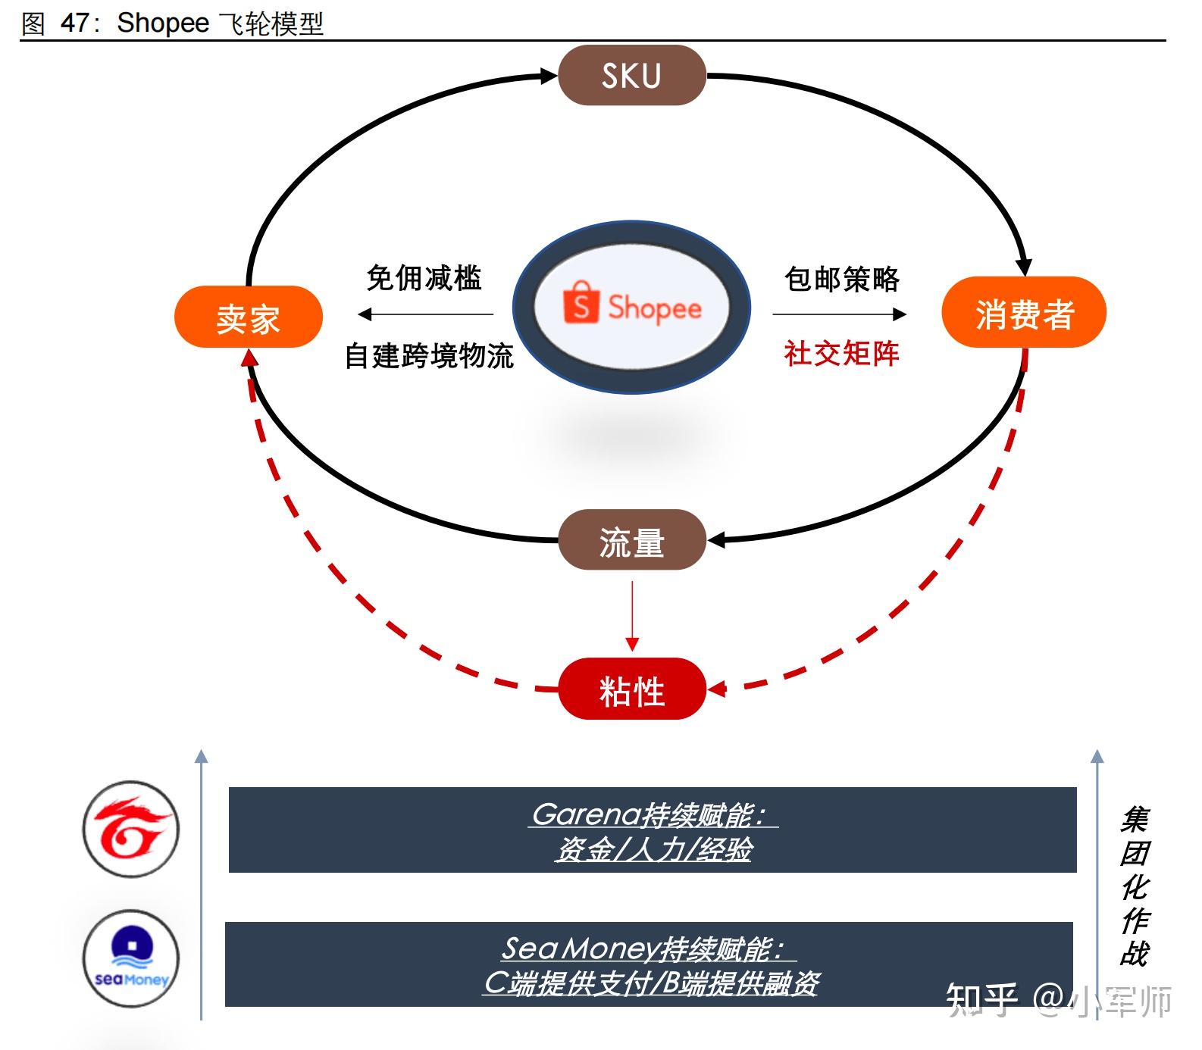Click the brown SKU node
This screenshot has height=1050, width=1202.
[x=631, y=76]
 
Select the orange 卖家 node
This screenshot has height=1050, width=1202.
[x=249, y=317]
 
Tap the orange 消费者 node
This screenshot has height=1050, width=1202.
[x=1023, y=313]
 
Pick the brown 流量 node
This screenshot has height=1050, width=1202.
[x=631, y=541]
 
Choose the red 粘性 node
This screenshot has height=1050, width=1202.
[x=631, y=689]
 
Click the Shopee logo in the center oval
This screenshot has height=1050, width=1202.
[x=631, y=307]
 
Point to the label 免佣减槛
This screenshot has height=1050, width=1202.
[x=424, y=278]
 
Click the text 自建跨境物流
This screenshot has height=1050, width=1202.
[x=429, y=355]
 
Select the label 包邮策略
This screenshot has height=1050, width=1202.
[x=841, y=279]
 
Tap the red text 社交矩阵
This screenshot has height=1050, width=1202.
[x=841, y=353]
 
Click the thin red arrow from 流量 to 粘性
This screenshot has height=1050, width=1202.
[x=632, y=614]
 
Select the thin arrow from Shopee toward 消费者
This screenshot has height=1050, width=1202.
[x=840, y=314]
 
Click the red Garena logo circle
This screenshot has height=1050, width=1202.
[x=131, y=829]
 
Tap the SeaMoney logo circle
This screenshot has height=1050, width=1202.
[x=131, y=958]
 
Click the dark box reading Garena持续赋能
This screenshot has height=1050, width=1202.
[x=652, y=830]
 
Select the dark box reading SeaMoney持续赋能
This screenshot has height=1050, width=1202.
[x=649, y=964]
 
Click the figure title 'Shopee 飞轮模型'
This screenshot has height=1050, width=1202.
[x=220, y=23]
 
